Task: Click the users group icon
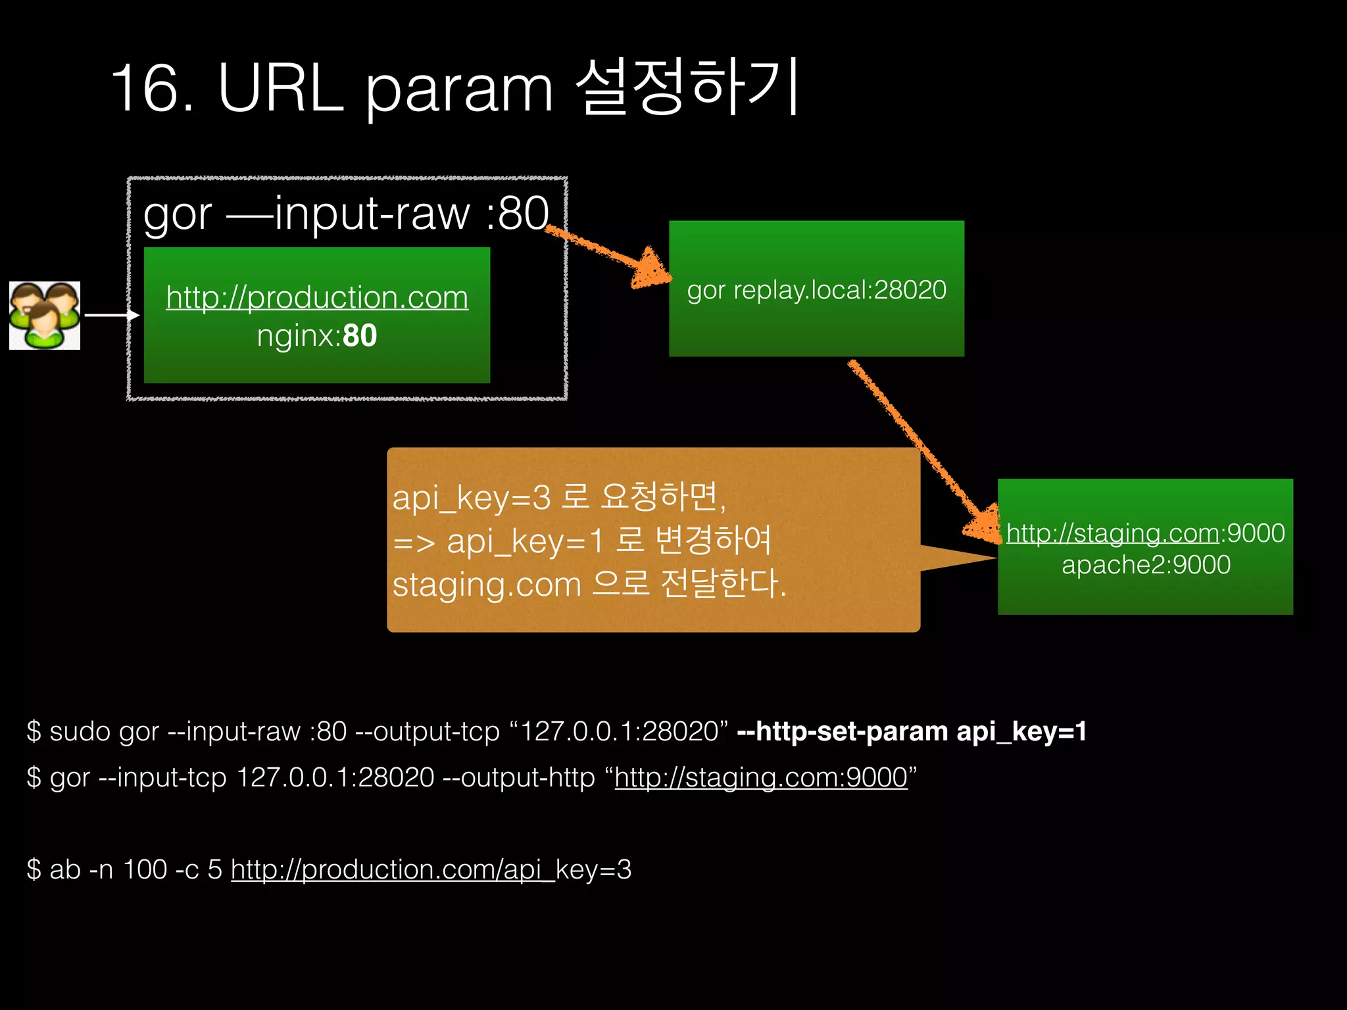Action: [45, 316]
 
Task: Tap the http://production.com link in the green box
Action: [317, 297]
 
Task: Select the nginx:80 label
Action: [317, 336]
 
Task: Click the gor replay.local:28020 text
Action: [816, 290]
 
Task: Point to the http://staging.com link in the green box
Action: [1112, 533]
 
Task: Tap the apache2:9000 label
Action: [1146, 565]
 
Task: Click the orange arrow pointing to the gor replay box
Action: [608, 256]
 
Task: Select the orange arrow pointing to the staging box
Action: [921, 447]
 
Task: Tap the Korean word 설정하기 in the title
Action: [688, 88]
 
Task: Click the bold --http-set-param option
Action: [843, 731]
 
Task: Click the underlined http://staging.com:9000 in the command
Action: [761, 778]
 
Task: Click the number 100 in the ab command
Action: [145, 869]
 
